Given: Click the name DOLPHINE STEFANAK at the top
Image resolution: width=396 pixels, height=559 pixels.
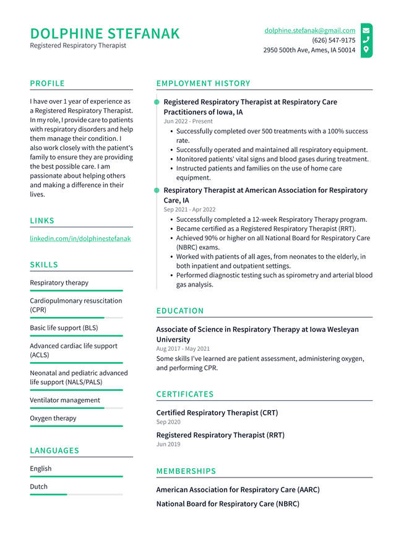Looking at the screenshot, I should [105, 33].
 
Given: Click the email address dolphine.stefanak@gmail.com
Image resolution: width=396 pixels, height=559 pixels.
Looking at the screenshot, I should [309, 30].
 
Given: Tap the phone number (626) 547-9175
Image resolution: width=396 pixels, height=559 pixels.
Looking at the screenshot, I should [334, 40].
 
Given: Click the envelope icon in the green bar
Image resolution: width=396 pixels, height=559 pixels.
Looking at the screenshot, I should [366, 30].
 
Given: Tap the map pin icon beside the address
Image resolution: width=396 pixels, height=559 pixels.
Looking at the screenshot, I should [366, 49].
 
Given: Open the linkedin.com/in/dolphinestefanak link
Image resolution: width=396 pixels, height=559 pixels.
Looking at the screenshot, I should [80, 238].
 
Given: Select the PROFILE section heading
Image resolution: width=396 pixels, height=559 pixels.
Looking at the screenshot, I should [47, 83].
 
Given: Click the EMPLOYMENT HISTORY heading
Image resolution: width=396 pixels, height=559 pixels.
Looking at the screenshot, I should [203, 83].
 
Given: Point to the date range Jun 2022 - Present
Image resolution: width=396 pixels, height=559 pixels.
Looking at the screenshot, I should [188, 122].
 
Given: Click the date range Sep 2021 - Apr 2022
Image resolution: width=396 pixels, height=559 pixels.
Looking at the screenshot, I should [189, 209].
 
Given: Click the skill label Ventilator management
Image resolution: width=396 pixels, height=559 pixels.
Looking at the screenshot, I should [64, 400].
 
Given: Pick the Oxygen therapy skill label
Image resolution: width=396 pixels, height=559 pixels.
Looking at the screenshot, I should [53, 418].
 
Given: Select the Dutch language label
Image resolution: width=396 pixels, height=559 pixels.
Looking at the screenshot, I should [38, 487].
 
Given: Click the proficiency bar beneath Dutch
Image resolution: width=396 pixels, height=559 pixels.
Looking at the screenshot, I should [76, 494].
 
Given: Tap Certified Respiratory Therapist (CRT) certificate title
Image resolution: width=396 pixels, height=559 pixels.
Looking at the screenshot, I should [217, 413].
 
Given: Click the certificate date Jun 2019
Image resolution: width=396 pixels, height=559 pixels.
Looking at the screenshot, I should [169, 444].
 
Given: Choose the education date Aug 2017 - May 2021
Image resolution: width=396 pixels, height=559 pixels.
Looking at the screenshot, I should [183, 349].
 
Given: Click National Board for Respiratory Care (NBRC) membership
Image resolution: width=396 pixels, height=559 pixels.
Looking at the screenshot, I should [227, 504].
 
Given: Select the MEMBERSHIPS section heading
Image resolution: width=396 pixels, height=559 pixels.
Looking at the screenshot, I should [186, 471].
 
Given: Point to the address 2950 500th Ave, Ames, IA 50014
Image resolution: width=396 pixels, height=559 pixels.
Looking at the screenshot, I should [309, 50].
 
